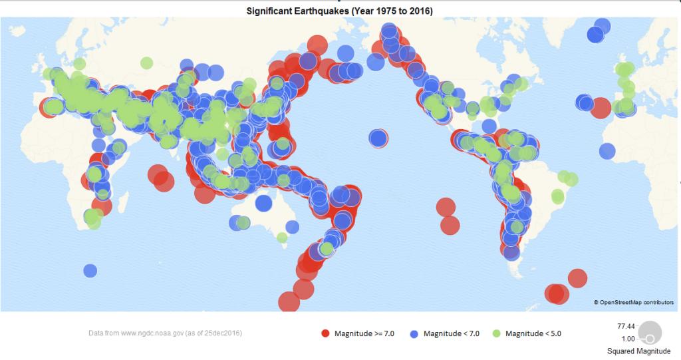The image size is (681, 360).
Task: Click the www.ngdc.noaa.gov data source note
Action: coord(165,332)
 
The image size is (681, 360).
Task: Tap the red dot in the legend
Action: coord(325,333)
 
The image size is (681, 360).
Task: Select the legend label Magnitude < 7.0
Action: coord(453,333)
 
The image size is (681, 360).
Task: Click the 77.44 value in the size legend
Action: coord(626,326)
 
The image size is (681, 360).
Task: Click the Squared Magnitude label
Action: coord(638,351)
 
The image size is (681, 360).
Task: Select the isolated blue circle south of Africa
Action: coord(90,270)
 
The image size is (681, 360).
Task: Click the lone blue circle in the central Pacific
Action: coord(378,138)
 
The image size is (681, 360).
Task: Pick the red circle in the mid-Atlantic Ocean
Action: coord(601,108)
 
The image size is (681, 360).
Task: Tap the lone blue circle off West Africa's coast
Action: coord(607,151)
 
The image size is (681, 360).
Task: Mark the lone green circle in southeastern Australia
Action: coord(282,238)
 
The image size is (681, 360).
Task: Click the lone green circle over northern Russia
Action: coord(146,63)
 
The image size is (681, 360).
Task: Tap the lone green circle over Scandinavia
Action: coord(79,64)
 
